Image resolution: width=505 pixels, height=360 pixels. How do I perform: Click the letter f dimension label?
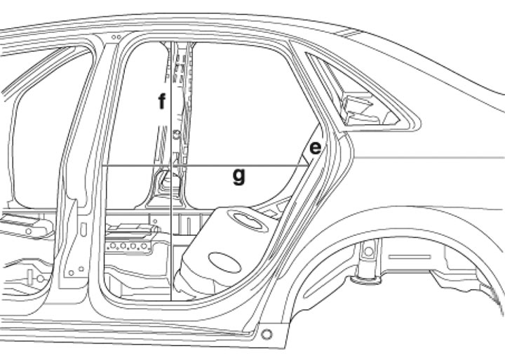pyautogui.click(x=162, y=101)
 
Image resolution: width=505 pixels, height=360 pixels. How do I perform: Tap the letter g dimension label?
pyautogui.click(x=239, y=176)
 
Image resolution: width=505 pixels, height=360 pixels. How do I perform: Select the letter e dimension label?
pyautogui.click(x=315, y=148)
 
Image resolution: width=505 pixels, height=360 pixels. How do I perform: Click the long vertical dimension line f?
pyautogui.click(x=170, y=171)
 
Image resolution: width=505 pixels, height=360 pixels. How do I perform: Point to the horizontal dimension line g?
pyautogui.click(x=205, y=166)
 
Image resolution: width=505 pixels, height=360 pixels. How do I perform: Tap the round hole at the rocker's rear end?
pyautogui.click(x=267, y=335)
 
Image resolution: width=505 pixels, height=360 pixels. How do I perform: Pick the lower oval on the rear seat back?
pyautogui.click(x=224, y=262)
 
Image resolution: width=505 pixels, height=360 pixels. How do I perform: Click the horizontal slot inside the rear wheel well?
pyautogui.click(x=410, y=257)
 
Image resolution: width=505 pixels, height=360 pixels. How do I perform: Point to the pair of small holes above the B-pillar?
pyautogui.click(x=116, y=37)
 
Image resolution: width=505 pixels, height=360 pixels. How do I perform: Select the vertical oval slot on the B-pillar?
pyautogui.click(x=83, y=229)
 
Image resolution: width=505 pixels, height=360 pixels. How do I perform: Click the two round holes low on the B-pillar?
pyautogui.click(x=76, y=271)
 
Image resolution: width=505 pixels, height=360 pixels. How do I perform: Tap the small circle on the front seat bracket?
pyautogui.click(x=28, y=231)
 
